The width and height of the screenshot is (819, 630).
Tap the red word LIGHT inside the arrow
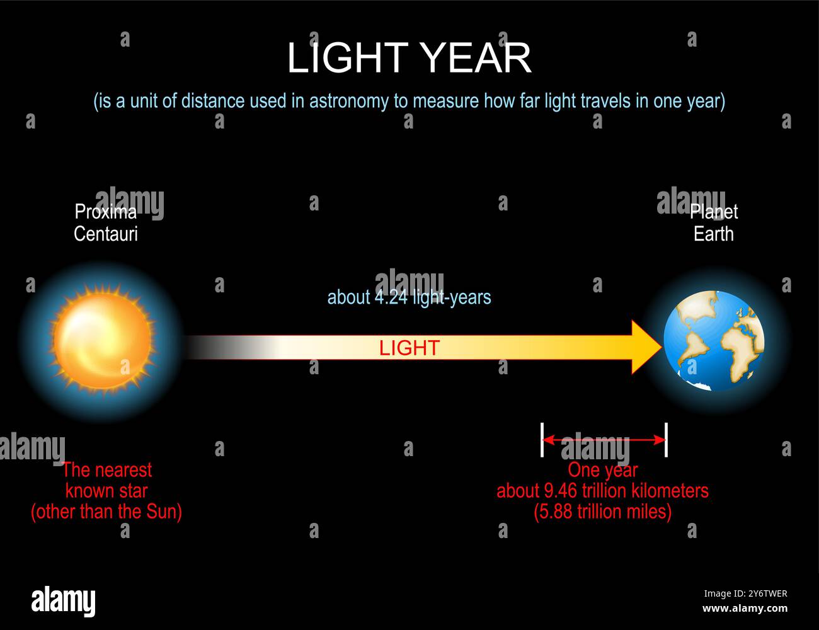409,348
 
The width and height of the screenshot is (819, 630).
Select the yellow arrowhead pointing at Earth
647,347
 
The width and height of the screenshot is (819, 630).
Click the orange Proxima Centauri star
103,341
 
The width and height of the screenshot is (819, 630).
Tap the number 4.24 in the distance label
391,297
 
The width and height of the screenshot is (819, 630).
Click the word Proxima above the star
106,212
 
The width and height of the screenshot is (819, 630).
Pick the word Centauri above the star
106,234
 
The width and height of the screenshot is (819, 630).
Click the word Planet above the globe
713,212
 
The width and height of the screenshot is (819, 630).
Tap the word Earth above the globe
713,234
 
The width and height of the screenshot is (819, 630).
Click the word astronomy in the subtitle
348,101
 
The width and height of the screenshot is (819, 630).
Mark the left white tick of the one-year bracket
542,440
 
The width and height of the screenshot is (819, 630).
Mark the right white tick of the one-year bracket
666,440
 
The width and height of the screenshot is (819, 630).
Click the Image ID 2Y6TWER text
745,593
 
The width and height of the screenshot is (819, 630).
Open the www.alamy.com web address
745,608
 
